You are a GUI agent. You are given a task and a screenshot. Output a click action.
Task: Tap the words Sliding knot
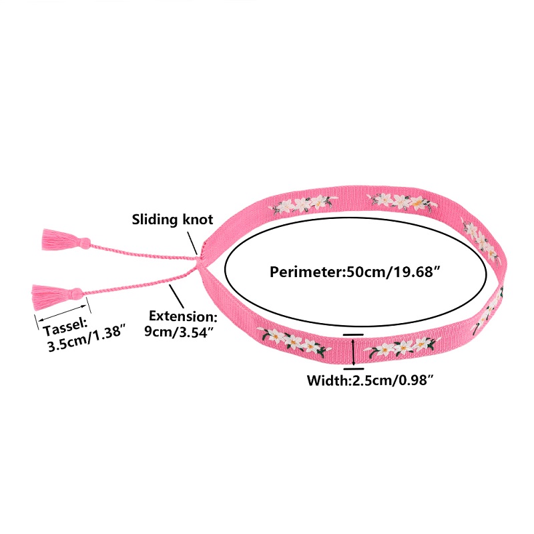tap(172, 220)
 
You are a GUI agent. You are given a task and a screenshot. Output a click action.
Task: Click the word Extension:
tap(182, 316)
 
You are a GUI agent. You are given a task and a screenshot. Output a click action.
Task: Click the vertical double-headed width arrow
tap(353, 351)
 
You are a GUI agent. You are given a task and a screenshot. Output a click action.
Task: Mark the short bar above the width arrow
tap(354, 333)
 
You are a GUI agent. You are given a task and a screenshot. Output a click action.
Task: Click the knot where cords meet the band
tap(197, 263)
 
